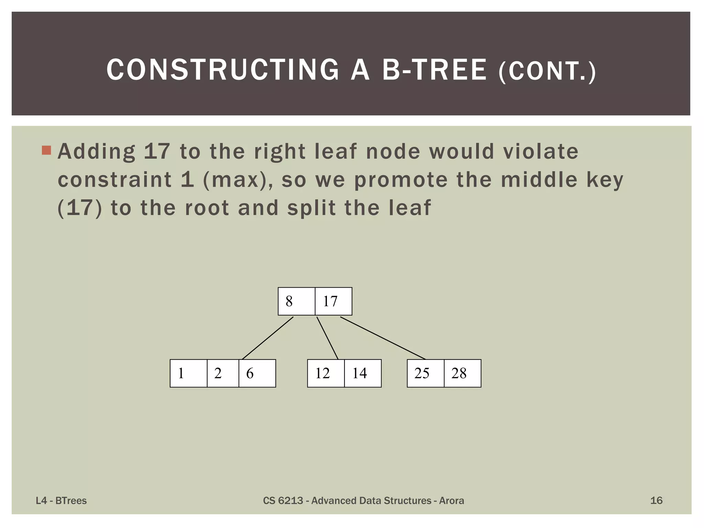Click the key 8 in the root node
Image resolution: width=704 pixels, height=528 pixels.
tap(289, 301)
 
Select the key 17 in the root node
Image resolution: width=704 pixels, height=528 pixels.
tap(330, 301)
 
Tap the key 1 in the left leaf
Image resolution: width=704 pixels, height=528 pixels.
tap(181, 373)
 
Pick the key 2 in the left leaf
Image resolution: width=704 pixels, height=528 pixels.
tap(218, 373)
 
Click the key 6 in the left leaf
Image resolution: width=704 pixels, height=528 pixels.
tap(250, 373)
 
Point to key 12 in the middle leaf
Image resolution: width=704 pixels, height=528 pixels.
tap(322, 373)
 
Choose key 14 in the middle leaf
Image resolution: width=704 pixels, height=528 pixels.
tap(360, 373)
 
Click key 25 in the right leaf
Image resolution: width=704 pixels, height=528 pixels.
tap(422, 373)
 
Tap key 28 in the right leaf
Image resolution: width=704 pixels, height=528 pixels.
tap(459, 373)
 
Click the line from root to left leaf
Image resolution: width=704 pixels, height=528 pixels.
tap(267, 338)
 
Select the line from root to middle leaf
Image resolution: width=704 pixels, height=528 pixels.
tap(327, 338)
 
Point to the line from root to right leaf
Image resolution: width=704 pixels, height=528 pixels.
tap(383, 338)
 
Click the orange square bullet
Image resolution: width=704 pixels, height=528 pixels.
tap(46, 150)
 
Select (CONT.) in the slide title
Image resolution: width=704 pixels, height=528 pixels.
tap(547, 71)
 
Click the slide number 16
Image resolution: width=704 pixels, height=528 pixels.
tap(656, 500)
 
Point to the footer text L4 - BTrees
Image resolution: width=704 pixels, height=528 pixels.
tap(61, 500)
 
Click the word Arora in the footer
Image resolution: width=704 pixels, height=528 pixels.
tap(451, 500)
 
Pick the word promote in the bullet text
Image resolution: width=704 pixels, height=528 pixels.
tap(401, 180)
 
